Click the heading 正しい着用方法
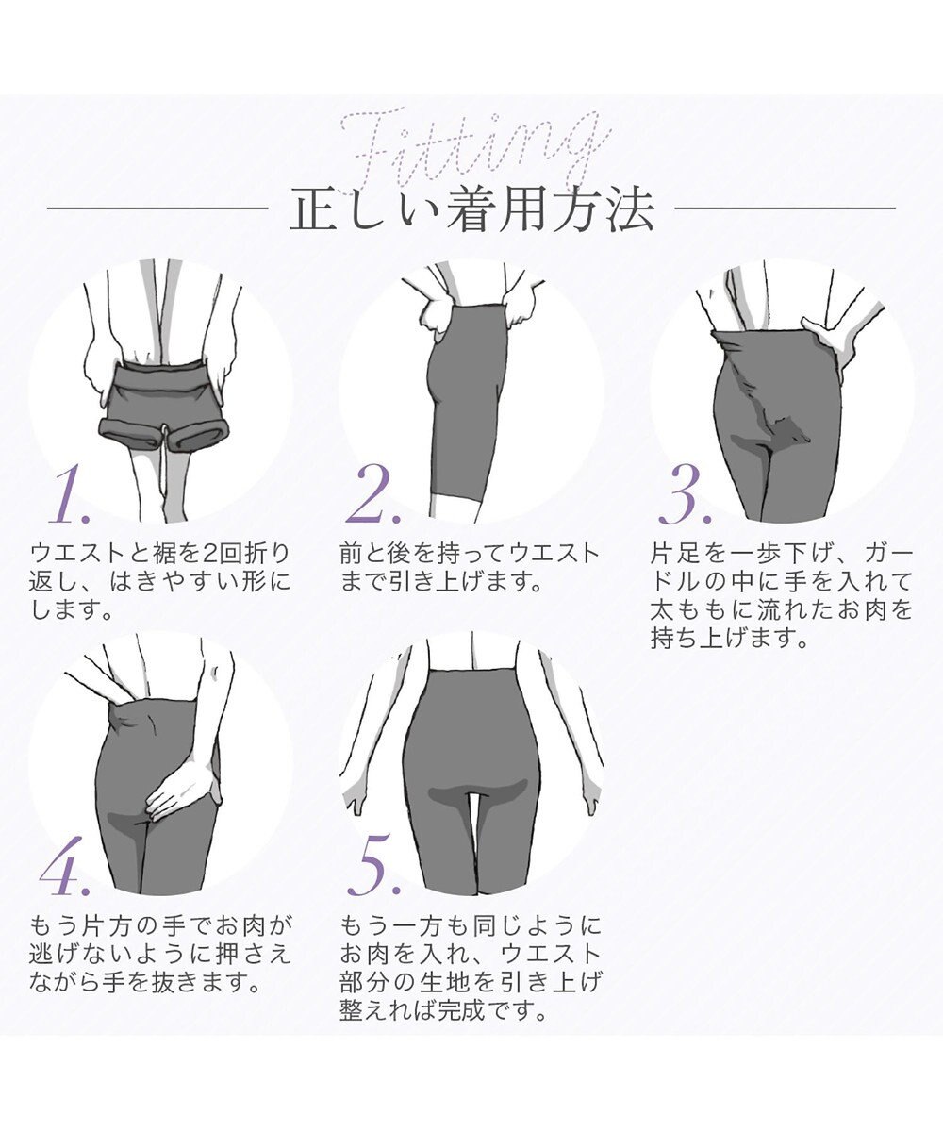tap(471, 209)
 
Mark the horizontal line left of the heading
tap(157, 208)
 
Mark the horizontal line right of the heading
tap(786, 208)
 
